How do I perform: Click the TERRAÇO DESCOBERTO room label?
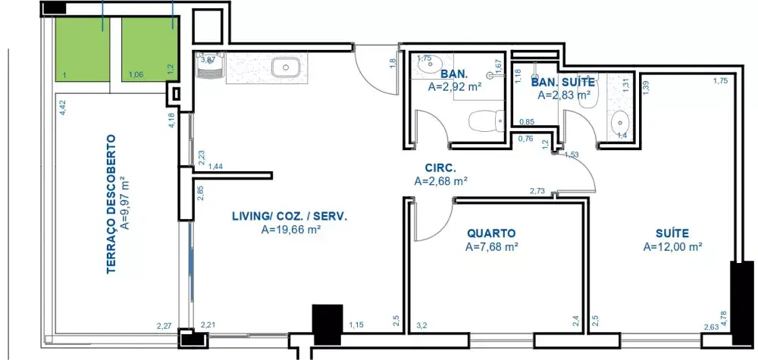click(111, 204)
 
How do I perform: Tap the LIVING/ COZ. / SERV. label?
click(290, 217)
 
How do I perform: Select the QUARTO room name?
click(491, 233)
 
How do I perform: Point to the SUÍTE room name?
click(672, 233)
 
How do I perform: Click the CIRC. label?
click(440, 168)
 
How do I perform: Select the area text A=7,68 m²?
click(492, 247)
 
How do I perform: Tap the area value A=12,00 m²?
click(672, 247)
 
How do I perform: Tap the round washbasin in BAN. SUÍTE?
click(619, 121)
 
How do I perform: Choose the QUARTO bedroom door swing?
click(433, 221)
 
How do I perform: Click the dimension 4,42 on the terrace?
click(62, 108)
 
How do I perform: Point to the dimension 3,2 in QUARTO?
click(421, 325)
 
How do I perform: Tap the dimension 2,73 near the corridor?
click(537, 191)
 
